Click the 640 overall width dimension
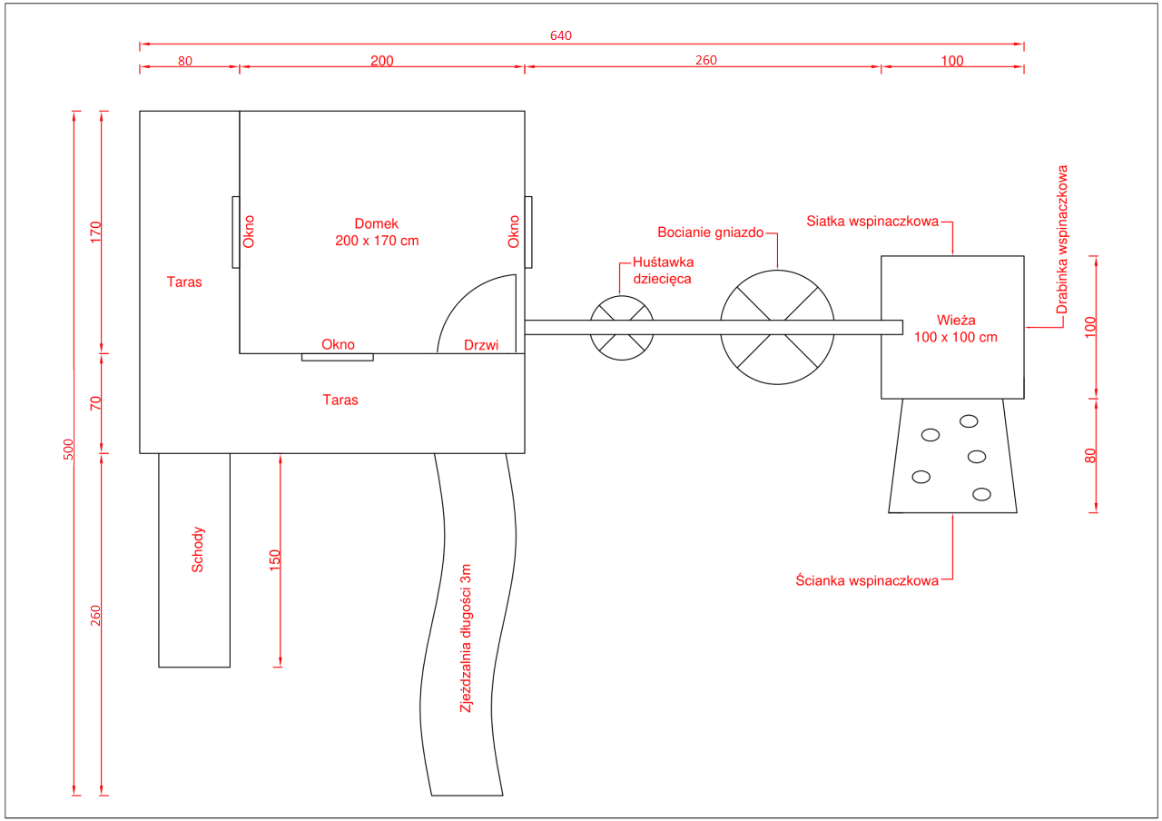pos(561,36)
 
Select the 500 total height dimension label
pos(68,449)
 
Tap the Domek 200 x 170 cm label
pos(377,232)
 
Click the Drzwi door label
pos(481,345)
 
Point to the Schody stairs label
pos(198,549)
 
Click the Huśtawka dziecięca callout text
pos(663,271)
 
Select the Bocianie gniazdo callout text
pos(711,232)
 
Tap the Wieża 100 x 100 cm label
pos(954,328)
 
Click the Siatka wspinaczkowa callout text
pos(872,222)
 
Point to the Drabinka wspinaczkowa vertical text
pos(1063,239)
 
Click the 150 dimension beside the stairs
pos(276,559)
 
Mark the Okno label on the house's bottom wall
pos(338,345)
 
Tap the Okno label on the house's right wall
pos(514,232)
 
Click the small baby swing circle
pos(622,328)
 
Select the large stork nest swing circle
pos(777,328)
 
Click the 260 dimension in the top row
pos(705,61)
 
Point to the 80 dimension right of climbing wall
pos(1091,456)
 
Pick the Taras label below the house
pos(340,400)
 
